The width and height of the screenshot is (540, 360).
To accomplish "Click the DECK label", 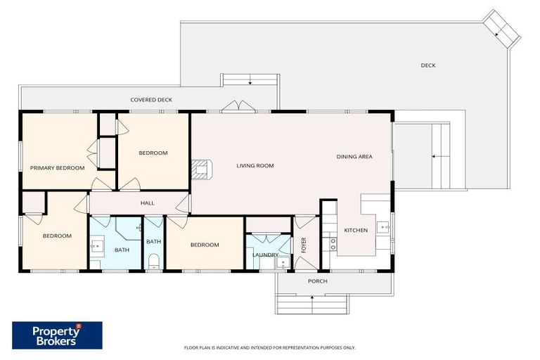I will pyautogui.click(x=428, y=65).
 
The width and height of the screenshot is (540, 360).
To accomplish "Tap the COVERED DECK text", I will pyautogui.click(x=151, y=100).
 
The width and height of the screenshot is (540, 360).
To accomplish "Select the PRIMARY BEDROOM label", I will pyautogui.click(x=57, y=168).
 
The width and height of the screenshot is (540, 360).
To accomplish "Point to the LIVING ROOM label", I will pyautogui.click(x=255, y=166).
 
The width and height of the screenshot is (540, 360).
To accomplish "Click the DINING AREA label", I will pyautogui.click(x=354, y=157).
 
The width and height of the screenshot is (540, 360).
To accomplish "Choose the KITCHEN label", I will pyautogui.click(x=356, y=230).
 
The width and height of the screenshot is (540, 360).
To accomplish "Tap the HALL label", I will pyautogui.click(x=147, y=203).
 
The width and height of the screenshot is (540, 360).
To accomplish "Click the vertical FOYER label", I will pyautogui.click(x=304, y=245).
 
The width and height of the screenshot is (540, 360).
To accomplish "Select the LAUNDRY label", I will pyautogui.click(x=265, y=255).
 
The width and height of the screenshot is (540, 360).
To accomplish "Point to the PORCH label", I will pyautogui.click(x=318, y=281).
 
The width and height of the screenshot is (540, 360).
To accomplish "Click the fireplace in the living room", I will pyautogui.click(x=201, y=167).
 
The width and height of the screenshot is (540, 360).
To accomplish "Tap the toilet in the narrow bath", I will pyautogui.click(x=153, y=264).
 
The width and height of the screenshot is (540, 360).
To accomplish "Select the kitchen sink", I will pyautogui.click(x=383, y=227).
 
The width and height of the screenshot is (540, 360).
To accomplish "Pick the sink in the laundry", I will pyautogui.click(x=282, y=263).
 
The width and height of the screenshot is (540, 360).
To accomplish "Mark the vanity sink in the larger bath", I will pyautogui.click(x=97, y=247).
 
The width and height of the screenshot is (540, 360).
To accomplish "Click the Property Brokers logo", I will pyautogui.click(x=57, y=335).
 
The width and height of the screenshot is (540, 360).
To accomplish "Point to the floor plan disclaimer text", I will pyautogui.click(x=269, y=347).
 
